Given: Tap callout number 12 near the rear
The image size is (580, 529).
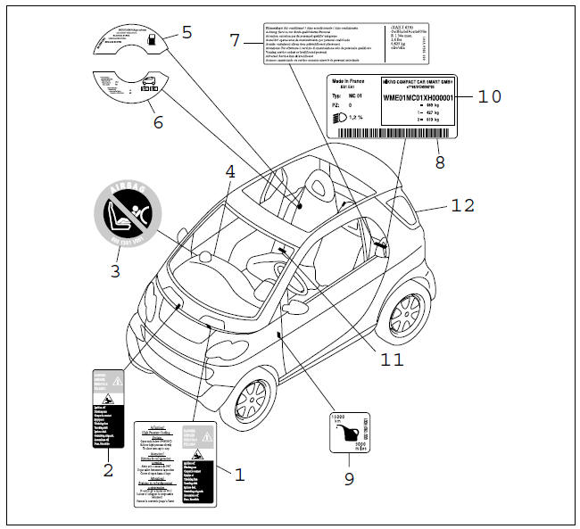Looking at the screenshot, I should click(462, 205).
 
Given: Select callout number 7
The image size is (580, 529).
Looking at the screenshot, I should click(236, 39).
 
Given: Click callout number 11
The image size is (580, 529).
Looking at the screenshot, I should click(390, 360).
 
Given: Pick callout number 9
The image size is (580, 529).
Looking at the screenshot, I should click(349, 478).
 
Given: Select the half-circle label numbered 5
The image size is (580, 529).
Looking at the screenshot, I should click(131, 38).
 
